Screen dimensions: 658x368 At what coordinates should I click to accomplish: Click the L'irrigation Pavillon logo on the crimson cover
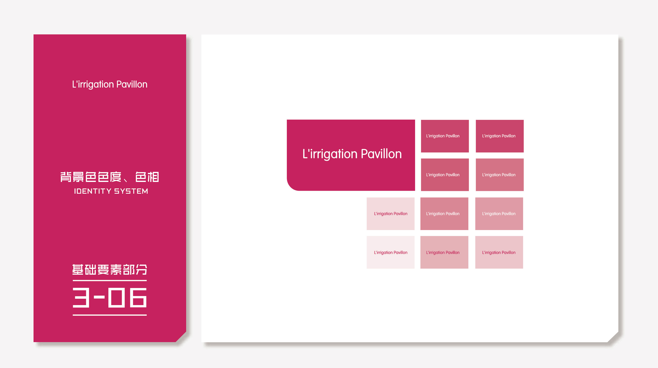tap(110, 84)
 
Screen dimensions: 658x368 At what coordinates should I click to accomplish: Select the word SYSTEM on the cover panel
tap(131, 191)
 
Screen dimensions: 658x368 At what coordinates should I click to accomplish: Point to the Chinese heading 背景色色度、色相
tap(110, 177)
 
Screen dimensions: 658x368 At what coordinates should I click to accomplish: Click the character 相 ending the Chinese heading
tap(153, 177)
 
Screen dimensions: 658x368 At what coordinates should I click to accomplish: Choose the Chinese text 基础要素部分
tap(110, 270)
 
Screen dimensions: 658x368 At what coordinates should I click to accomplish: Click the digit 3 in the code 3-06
tap(81, 297)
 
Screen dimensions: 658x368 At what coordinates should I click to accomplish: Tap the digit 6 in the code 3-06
tap(138, 297)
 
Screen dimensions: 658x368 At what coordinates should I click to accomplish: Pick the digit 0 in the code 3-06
tap(116, 297)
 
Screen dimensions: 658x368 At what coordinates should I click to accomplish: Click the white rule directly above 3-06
tap(110, 280)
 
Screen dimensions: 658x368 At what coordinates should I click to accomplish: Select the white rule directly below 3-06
tap(110, 315)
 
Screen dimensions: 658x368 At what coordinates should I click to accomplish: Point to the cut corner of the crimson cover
tap(181, 337)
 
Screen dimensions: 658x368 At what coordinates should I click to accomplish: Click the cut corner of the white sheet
tap(613, 337)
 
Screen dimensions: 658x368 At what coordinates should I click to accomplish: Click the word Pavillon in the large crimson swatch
tap(381, 154)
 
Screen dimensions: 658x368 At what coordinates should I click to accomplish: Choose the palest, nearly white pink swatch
tap(391, 252)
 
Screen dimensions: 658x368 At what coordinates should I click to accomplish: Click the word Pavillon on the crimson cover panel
tap(132, 84)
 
